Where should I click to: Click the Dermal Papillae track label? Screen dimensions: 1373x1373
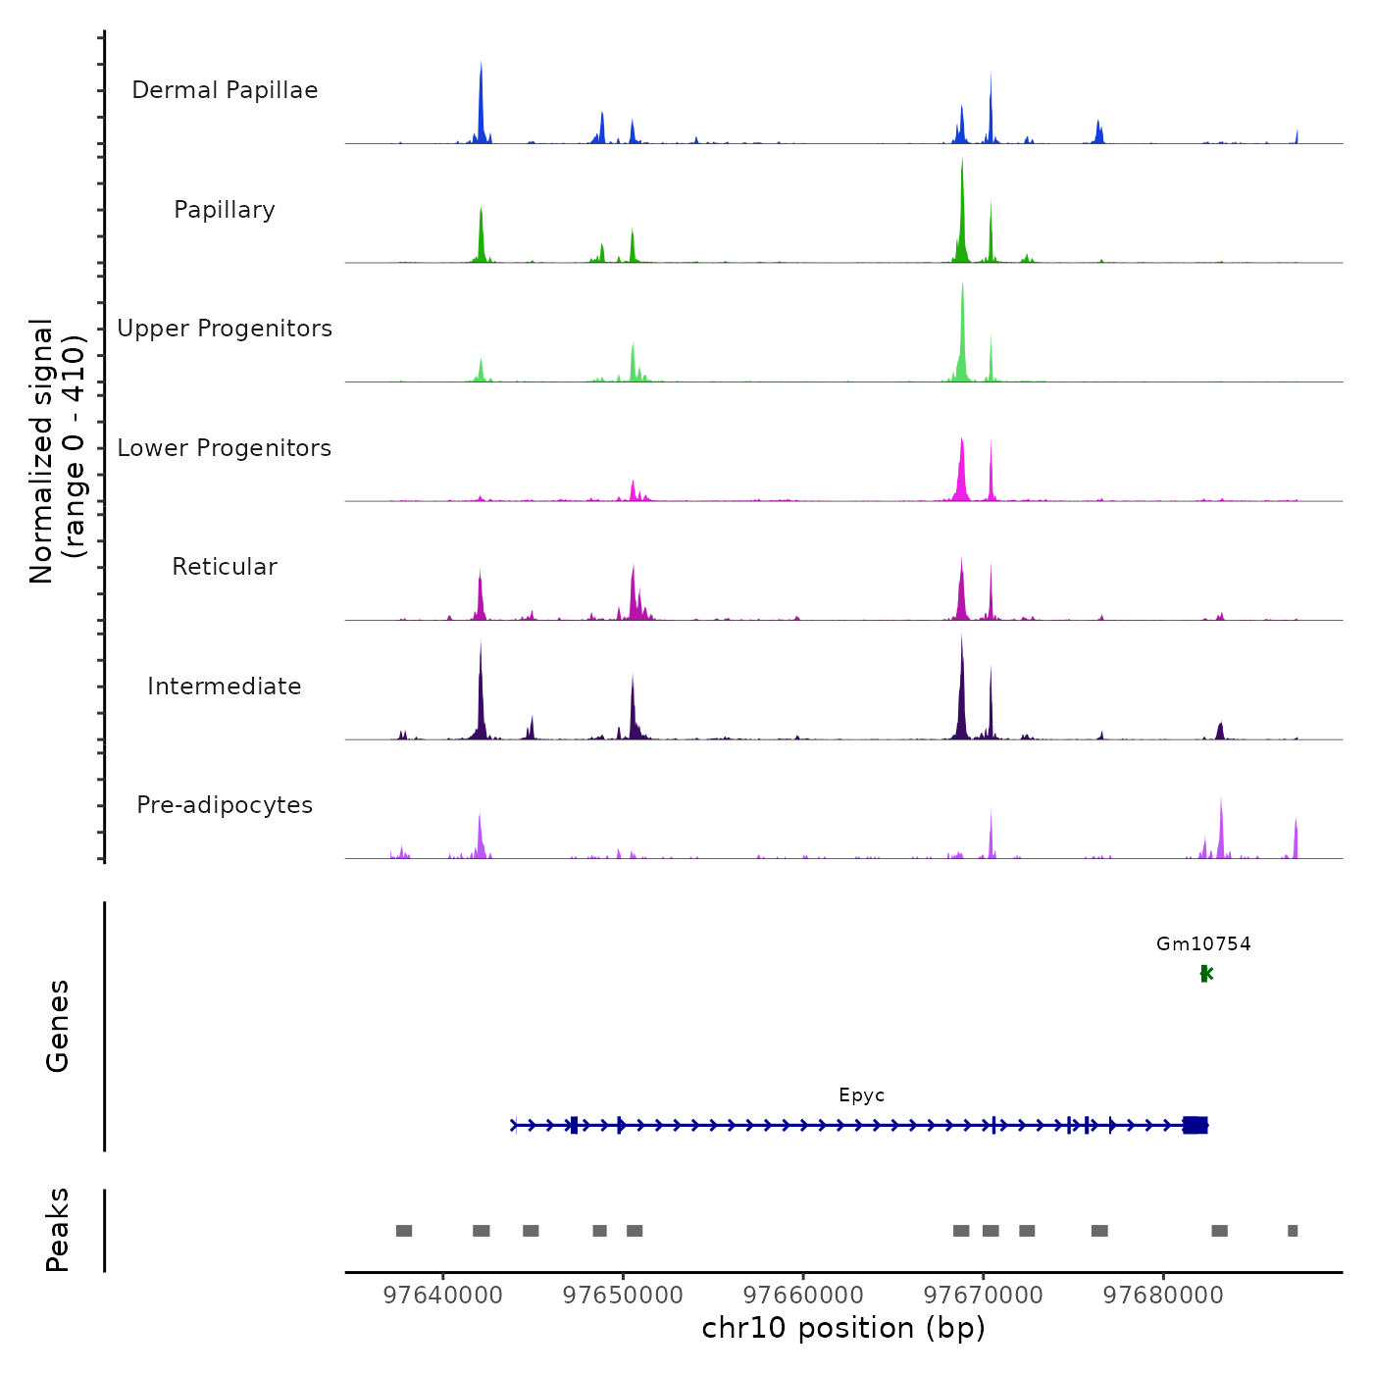225,90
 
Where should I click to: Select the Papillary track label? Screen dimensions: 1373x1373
225,210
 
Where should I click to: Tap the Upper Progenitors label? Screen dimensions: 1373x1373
225,329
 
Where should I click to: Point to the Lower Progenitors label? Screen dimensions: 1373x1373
225,448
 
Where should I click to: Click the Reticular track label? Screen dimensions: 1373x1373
225,567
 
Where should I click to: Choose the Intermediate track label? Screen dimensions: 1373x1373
225,686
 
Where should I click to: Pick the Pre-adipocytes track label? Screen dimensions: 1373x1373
225,805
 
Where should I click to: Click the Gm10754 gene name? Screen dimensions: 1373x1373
1203,944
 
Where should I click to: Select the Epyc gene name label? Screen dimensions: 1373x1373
862,1095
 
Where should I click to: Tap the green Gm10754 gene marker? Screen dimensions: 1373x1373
1205,973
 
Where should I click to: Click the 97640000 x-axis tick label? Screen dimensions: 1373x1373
443,1296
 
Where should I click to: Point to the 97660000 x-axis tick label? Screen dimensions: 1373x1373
803,1296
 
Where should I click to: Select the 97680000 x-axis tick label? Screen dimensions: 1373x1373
1163,1296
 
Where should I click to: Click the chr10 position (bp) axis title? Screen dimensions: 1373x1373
843,1329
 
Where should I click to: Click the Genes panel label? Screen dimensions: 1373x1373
58,1026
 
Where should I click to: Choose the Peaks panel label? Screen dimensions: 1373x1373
58,1230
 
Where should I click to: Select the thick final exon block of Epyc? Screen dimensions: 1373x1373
1195,1125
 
